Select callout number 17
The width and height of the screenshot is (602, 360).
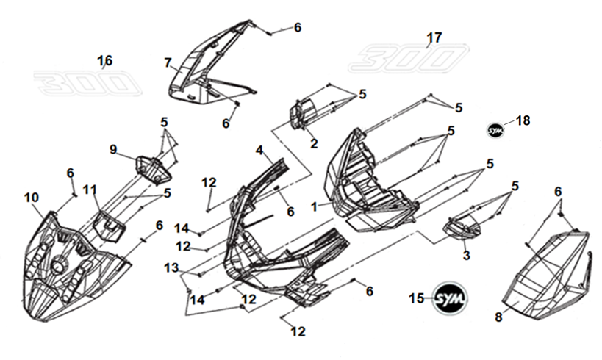pyautogui.click(x=434, y=37)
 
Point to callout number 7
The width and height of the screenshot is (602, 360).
pyautogui.click(x=168, y=62)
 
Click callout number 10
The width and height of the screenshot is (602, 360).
pyautogui.click(x=31, y=197)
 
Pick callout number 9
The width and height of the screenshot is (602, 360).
pyautogui.click(x=113, y=149)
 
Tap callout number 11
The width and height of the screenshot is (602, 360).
pyautogui.click(x=89, y=190)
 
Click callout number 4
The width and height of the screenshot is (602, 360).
pyautogui.click(x=259, y=151)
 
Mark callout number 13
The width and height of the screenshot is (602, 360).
pyautogui.click(x=171, y=269)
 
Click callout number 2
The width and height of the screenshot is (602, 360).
pyautogui.click(x=314, y=144)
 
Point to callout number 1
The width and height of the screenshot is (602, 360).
pyautogui.click(x=314, y=208)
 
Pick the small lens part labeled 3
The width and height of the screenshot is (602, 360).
pyautogui.click(x=462, y=226)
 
